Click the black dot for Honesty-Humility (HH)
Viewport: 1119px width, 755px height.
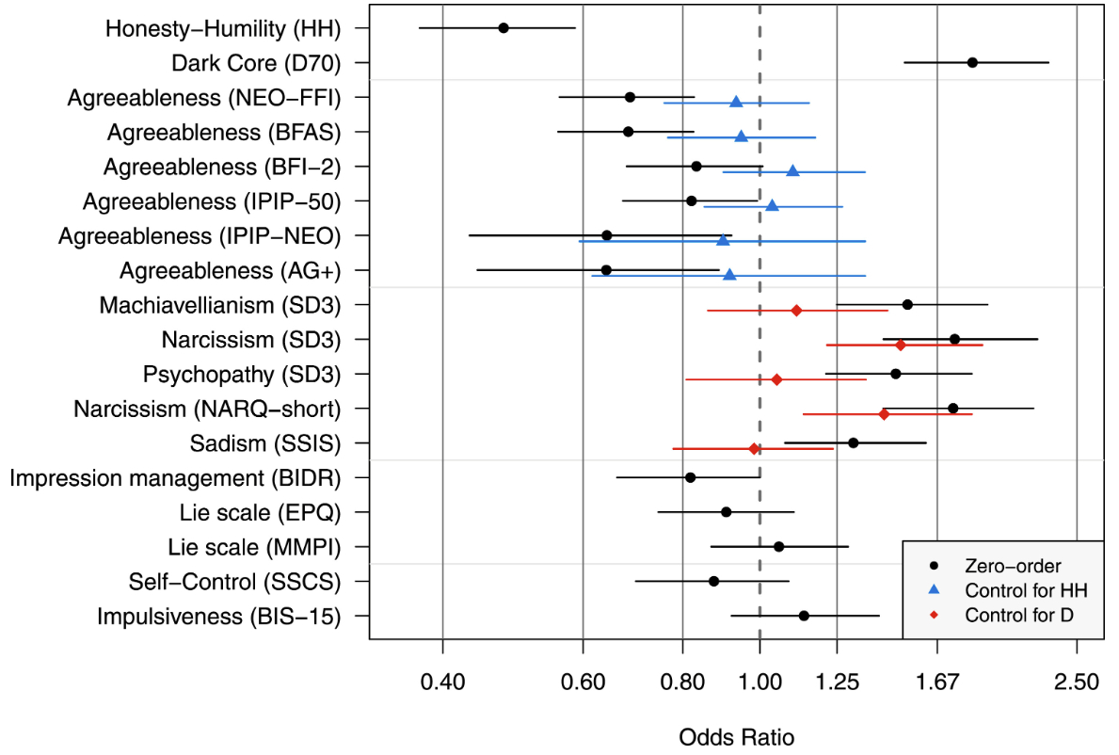[504, 28]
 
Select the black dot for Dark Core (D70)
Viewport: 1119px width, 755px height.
[972, 62]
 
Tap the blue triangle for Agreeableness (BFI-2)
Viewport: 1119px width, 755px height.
[792, 170]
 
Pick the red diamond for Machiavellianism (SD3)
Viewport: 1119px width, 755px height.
[796, 310]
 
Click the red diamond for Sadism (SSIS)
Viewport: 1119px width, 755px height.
[754, 449]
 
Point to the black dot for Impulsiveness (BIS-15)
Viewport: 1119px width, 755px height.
[804, 616]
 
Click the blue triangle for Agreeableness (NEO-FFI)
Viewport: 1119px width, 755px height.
[736, 102]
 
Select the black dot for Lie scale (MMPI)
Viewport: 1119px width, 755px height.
[778, 546]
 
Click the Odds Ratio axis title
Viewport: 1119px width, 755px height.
[736, 736]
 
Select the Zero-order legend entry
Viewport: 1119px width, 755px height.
[1013, 566]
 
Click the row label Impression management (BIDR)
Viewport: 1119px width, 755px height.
[175, 477]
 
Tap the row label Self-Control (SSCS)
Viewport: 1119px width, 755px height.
[234, 581]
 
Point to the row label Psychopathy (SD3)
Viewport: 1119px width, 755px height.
[242, 374]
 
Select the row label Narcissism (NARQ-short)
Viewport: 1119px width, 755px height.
[207, 409]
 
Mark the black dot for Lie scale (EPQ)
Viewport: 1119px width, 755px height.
[726, 512]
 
